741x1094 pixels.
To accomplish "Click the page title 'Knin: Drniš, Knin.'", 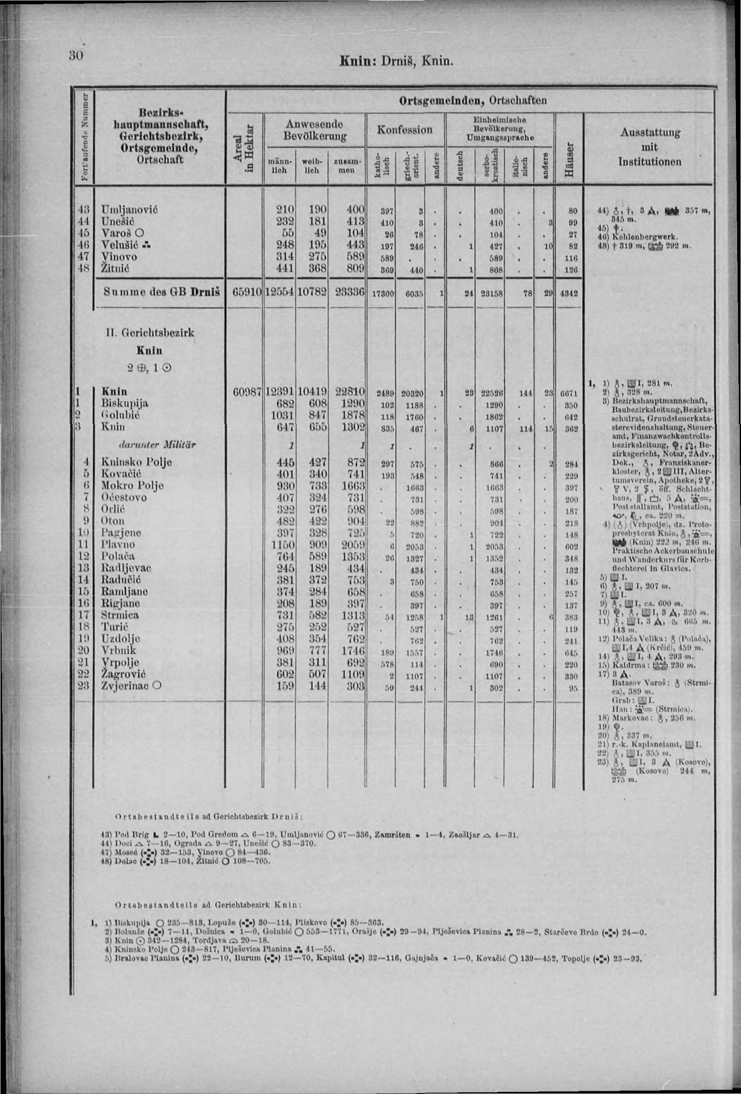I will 396,61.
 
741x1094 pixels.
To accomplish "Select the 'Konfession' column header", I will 404,129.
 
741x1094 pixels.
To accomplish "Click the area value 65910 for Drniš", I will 247,292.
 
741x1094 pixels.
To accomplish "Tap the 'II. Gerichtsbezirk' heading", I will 150,332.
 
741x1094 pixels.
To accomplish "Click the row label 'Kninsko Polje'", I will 137,462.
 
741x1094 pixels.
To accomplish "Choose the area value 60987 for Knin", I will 247,392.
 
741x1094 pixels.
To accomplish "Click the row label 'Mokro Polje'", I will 132,486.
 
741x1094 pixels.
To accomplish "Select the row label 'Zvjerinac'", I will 126,685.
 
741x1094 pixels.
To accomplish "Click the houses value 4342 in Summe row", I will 570,293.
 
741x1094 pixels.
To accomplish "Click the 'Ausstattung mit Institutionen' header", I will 650,147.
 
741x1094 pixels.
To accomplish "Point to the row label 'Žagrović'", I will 123,674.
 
